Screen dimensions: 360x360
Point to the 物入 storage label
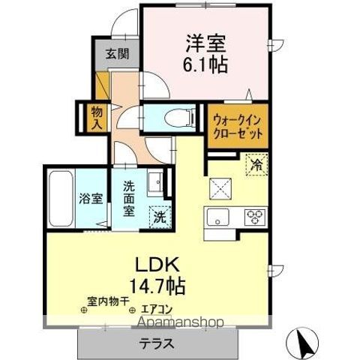(x=96, y=117)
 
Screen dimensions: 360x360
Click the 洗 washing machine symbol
(x=159, y=217)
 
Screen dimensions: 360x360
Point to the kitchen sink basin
(x=218, y=218)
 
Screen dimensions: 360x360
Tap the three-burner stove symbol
(x=255, y=218)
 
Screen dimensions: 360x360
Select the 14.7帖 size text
(x=157, y=286)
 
